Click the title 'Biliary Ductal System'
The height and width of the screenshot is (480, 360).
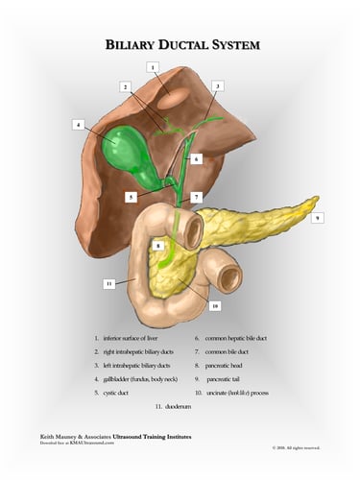pos(182,45)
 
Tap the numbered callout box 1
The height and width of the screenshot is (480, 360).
pos(153,66)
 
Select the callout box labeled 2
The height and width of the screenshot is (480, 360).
pos(125,86)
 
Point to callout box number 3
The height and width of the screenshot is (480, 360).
pos(218,86)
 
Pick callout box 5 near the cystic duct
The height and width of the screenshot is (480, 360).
pos(130,197)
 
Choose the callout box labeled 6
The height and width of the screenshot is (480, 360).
pos(196,159)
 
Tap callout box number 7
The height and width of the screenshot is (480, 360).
pos(196,197)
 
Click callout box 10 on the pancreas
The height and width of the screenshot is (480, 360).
pos(215,306)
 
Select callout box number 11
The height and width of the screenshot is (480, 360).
pos(109,284)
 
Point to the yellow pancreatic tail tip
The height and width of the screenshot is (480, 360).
pos(312,203)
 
